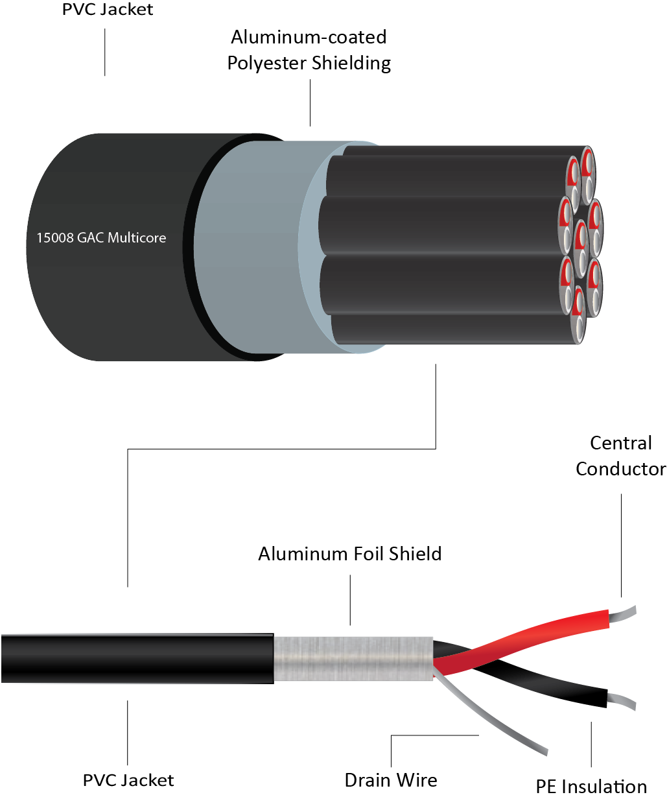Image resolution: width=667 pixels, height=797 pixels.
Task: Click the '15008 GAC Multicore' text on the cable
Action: [x=101, y=238]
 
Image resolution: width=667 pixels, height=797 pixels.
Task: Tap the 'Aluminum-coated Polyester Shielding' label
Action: [x=309, y=50]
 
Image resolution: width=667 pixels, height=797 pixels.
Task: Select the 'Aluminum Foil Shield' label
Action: [x=350, y=554]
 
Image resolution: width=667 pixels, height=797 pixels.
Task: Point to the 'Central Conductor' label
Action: [x=620, y=456]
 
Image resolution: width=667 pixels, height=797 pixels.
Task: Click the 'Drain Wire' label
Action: [x=391, y=780]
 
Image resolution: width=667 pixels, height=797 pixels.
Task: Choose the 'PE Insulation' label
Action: [x=591, y=787]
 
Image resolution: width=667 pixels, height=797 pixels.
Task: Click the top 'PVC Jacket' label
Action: [x=108, y=10]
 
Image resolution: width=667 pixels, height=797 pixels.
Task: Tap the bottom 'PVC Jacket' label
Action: [x=128, y=780]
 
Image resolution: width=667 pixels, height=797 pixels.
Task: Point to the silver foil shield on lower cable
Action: [x=353, y=658]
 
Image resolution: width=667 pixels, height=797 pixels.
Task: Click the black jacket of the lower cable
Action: [x=136, y=658]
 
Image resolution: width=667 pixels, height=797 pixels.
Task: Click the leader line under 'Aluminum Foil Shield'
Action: [x=351, y=600]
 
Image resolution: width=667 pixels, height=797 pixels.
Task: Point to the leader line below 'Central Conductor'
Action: [x=621, y=545]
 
